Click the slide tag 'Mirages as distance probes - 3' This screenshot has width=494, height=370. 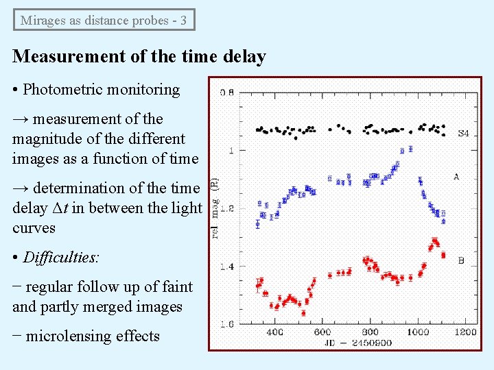click(x=104, y=20)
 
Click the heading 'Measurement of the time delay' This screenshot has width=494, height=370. click(x=139, y=56)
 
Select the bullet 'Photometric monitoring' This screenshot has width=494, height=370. click(x=101, y=89)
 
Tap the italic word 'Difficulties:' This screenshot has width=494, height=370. click(x=61, y=258)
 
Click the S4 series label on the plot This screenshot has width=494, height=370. click(x=463, y=133)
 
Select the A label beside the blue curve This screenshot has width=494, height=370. click(x=456, y=177)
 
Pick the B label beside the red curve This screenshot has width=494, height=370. click(x=461, y=260)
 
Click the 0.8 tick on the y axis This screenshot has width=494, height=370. click(x=226, y=92)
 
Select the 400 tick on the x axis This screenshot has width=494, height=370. click(x=274, y=332)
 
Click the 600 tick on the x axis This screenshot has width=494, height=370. click(x=322, y=332)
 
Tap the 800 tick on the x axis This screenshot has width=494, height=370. click(x=370, y=332)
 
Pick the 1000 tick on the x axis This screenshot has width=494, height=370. click(x=418, y=332)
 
